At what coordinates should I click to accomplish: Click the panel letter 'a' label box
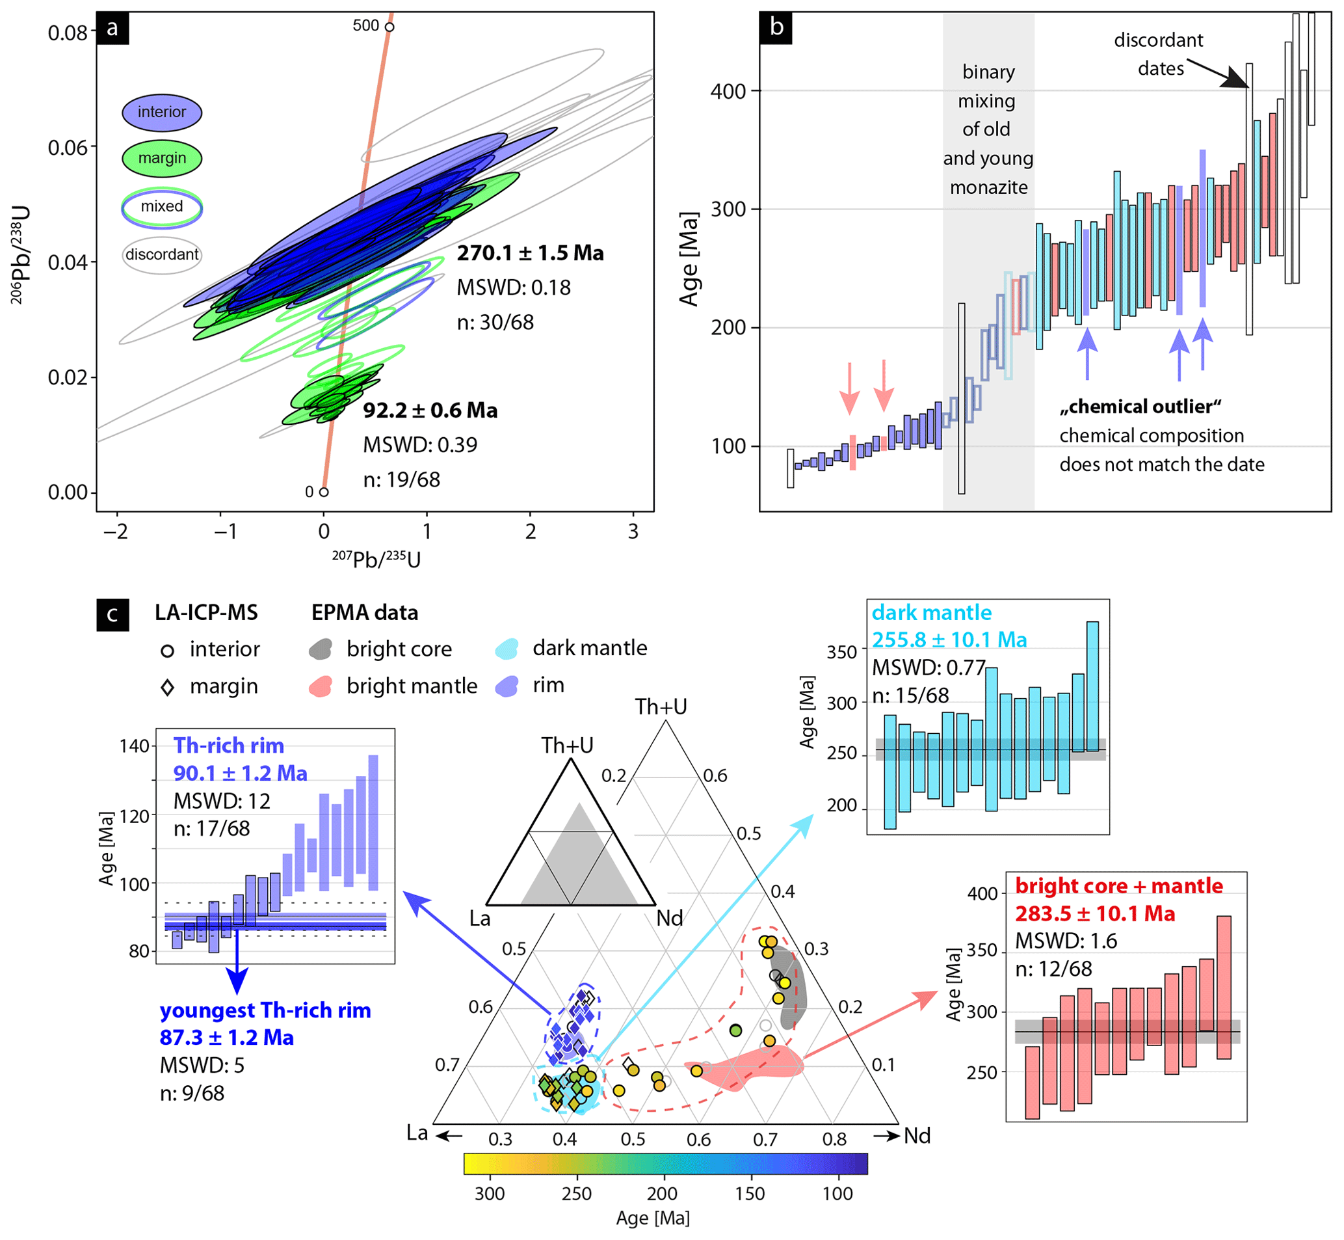(112, 28)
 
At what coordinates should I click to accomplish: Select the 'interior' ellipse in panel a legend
(162, 112)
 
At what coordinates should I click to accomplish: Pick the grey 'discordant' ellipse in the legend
(162, 255)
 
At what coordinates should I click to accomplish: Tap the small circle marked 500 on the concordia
(389, 27)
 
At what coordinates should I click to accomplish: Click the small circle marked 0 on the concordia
(324, 492)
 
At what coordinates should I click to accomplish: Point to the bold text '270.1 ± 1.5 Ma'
(530, 254)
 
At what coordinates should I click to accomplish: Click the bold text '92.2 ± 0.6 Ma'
(430, 411)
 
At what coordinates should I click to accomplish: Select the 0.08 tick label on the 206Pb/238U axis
(67, 33)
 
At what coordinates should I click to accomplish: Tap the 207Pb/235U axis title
(376, 559)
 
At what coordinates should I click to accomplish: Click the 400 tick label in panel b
(728, 91)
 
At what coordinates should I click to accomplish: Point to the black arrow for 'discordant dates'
(1217, 72)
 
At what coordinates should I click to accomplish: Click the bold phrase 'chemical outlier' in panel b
(1140, 407)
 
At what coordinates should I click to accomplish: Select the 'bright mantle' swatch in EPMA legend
(321, 686)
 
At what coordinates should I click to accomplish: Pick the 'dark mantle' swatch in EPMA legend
(507, 649)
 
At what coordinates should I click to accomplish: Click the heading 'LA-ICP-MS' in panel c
(206, 613)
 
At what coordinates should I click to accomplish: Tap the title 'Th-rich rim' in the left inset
(229, 746)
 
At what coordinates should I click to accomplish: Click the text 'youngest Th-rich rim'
(265, 1010)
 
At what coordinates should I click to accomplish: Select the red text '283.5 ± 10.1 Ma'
(1094, 914)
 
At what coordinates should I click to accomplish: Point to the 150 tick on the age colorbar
(749, 1194)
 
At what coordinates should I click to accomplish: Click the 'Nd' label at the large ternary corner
(917, 1136)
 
